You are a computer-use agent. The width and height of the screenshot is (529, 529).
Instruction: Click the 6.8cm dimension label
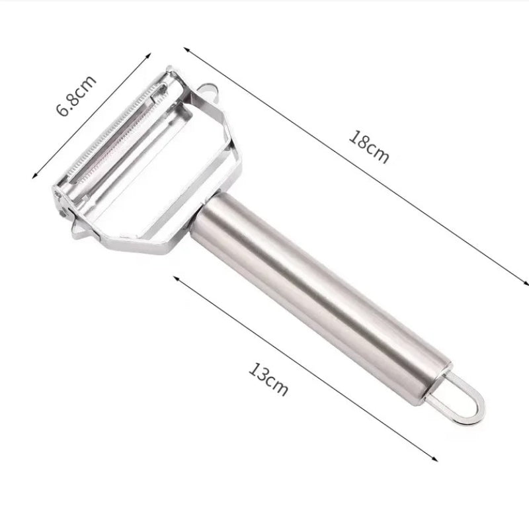(76, 95)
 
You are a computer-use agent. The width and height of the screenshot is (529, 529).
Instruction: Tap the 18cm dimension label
(369, 147)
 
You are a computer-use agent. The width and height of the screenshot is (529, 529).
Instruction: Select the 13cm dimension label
(268, 378)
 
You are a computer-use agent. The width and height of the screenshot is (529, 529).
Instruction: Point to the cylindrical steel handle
(321, 299)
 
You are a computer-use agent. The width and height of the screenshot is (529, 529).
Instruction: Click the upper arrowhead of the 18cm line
(186, 49)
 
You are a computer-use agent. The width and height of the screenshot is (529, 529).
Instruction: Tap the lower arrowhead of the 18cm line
(525, 283)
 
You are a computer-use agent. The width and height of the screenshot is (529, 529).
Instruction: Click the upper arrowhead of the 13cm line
(176, 278)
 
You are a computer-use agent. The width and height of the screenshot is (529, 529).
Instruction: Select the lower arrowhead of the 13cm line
(434, 458)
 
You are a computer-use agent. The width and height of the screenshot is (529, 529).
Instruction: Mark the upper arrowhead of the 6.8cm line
(148, 56)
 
